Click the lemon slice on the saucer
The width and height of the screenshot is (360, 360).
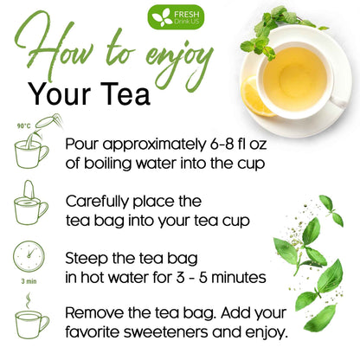pyautogui.click(x=257, y=94)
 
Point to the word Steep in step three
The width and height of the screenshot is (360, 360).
pyautogui.click(x=88, y=258)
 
